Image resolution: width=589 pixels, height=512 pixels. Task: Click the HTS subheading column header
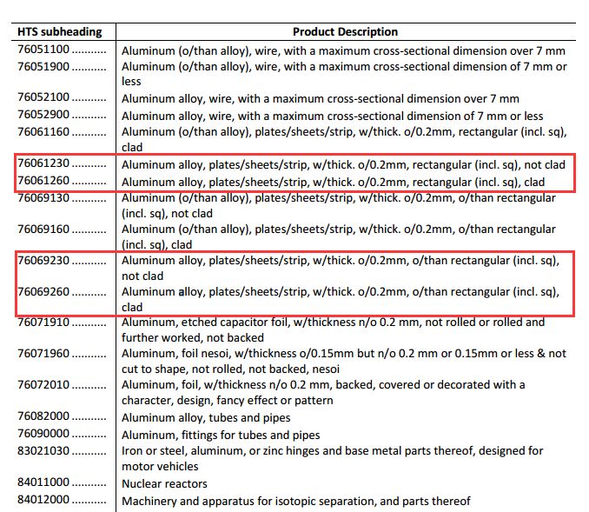(60, 31)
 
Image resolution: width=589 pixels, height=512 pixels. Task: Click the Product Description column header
(345, 31)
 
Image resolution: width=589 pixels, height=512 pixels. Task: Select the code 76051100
(43, 50)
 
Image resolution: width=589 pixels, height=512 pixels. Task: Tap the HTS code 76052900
(43, 115)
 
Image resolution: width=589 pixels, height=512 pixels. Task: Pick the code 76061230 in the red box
(43, 163)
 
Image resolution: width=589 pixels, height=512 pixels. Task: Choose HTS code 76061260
(43, 180)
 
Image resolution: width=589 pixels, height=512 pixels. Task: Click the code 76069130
(43, 196)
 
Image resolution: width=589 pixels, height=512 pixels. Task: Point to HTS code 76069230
(43, 260)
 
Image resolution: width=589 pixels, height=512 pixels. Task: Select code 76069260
(43, 291)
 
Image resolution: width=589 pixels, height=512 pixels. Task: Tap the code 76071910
(43, 322)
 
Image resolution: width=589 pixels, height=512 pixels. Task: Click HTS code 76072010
(43, 385)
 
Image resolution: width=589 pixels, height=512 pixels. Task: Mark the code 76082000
(43, 417)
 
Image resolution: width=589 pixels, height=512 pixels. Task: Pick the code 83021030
(43, 450)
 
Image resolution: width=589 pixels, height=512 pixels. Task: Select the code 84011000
(43, 482)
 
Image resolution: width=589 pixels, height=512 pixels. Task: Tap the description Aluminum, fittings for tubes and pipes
(221, 435)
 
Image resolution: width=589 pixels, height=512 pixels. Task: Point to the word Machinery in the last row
(149, 501)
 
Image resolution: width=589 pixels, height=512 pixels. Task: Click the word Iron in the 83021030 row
(132, 450)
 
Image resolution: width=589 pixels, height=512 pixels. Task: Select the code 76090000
(43, 434)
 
